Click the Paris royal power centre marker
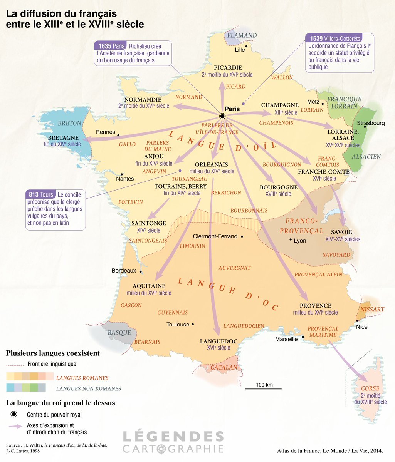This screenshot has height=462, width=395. point(222,116)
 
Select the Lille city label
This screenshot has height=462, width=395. point(240,50)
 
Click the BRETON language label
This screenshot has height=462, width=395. point(69,123)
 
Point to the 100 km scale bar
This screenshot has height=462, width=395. point(264,388)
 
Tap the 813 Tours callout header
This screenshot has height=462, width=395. point(40,195)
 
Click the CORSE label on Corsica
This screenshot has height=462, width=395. point(370,388)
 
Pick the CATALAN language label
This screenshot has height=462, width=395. point(224,368)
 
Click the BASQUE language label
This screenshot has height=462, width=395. point(119,333)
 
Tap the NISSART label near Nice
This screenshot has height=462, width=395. point(372,310)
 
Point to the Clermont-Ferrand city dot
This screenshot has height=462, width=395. point(242,236)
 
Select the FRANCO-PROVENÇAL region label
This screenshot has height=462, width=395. point(301,226)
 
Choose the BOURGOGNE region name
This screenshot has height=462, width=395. point(279,187)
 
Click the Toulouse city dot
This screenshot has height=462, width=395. point(193,325)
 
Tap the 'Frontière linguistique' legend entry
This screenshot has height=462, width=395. point(52,364)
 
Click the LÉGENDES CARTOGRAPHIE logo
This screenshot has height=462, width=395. point(173,442)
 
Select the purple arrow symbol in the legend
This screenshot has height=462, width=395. point(15,426)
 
